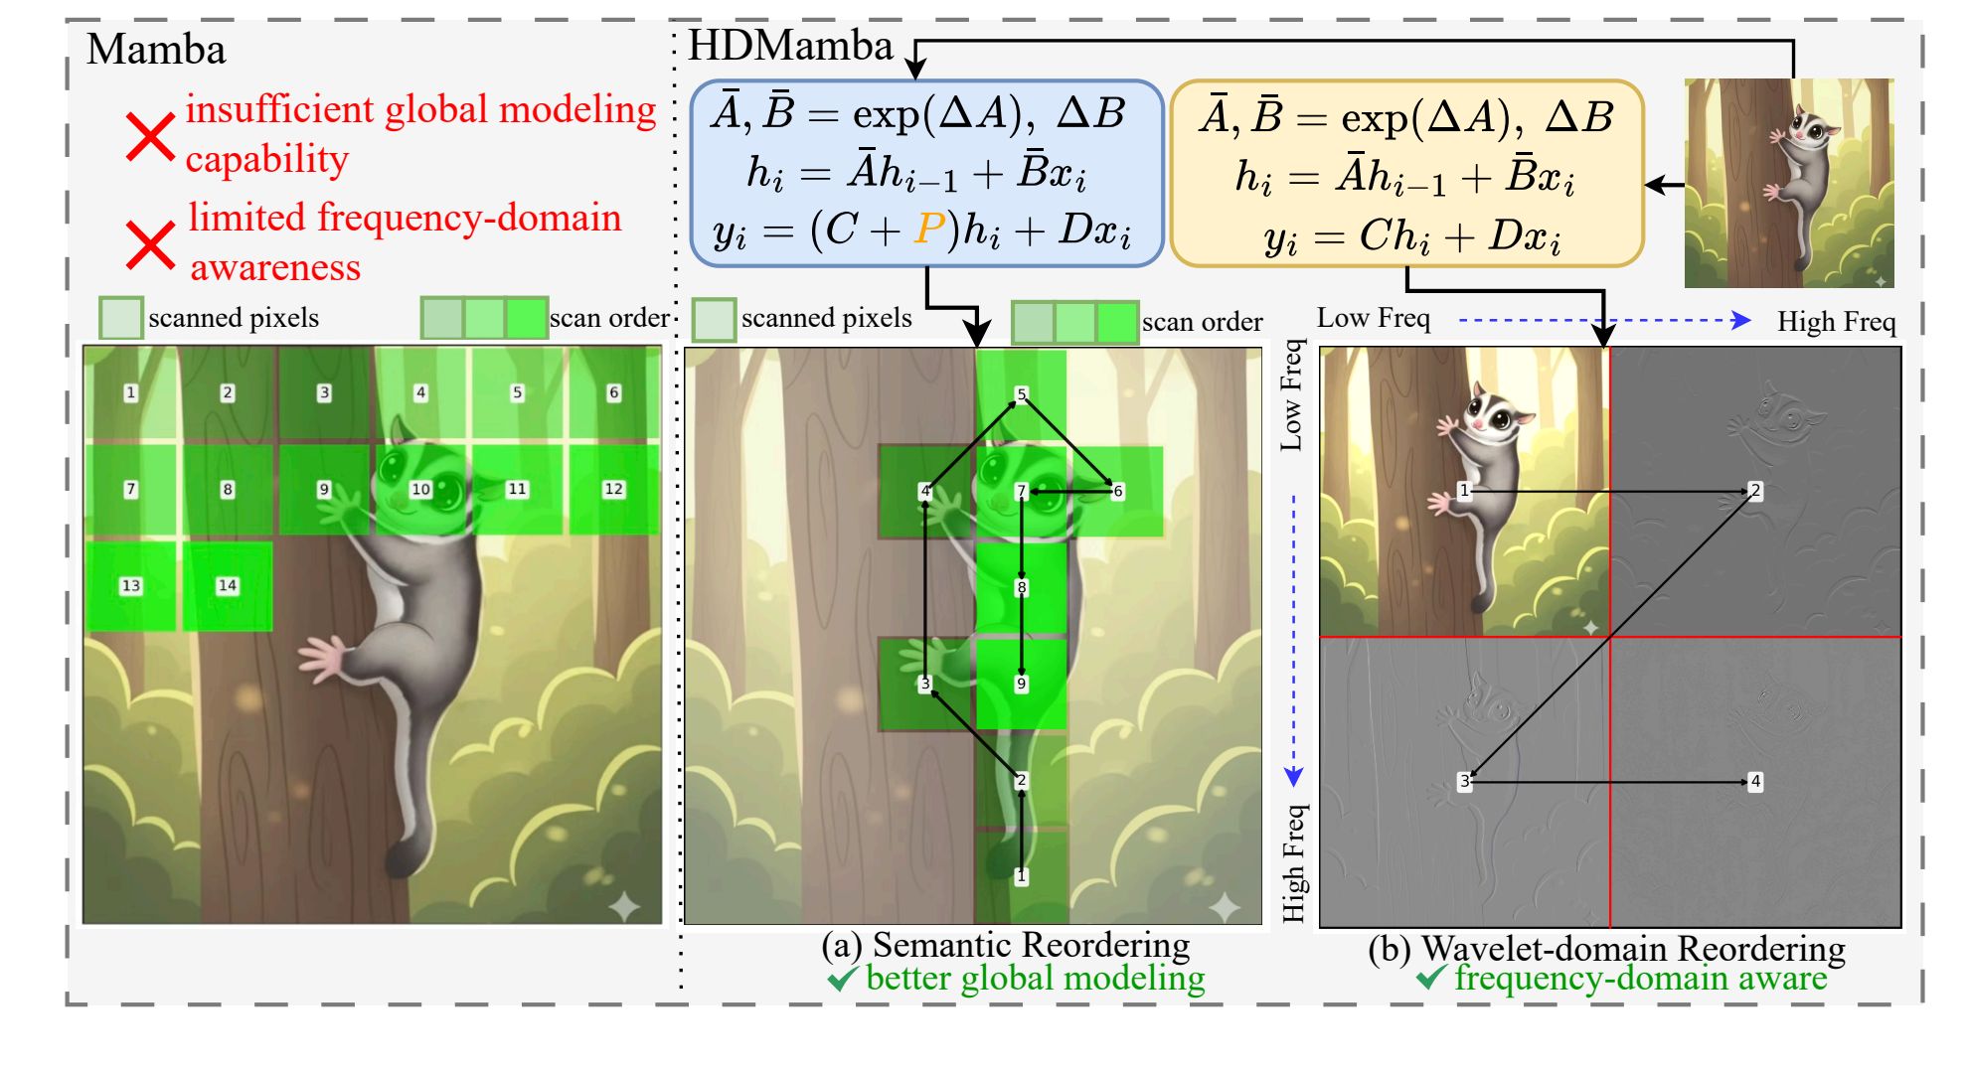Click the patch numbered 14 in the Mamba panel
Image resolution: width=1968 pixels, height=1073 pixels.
(x=228, y=585)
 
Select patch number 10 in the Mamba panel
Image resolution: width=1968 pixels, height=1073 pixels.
(x=420, y=489)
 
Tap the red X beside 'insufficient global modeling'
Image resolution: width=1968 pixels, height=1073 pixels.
(x=150, y=137)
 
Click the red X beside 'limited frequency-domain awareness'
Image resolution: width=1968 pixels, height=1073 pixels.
(x=150, y=244)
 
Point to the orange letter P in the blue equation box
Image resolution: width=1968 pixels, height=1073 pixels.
(x=929, y=230)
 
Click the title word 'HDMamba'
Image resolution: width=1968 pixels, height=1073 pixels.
(x=790, y=46)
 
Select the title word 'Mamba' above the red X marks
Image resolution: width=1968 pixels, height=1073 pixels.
(x=156, y=50)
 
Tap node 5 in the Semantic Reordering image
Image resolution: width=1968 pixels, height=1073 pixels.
(x=1021, y=394)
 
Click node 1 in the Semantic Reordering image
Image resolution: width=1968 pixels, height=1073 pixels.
(x=1021, y=875)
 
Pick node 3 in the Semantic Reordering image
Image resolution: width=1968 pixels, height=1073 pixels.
(x=925, y=684)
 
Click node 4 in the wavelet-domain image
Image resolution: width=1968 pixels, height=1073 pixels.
(x=1755, y=781)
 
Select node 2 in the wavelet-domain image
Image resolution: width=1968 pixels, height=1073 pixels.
(x=1755, y=490)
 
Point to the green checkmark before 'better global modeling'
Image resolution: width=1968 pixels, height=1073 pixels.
(x=842, y=979)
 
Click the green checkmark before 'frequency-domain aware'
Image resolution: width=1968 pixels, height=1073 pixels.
(x=1431, y=978)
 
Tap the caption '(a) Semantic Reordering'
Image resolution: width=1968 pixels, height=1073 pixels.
(x=1005, y=945)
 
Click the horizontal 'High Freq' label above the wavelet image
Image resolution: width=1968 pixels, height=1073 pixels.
(x=1836, y=322)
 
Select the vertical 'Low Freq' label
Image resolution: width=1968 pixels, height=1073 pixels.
(x=1291, y=395)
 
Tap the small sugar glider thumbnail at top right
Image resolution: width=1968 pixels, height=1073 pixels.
(x=1788, y=183)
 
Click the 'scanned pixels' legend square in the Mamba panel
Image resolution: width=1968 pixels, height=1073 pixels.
(x=121, y=318)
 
